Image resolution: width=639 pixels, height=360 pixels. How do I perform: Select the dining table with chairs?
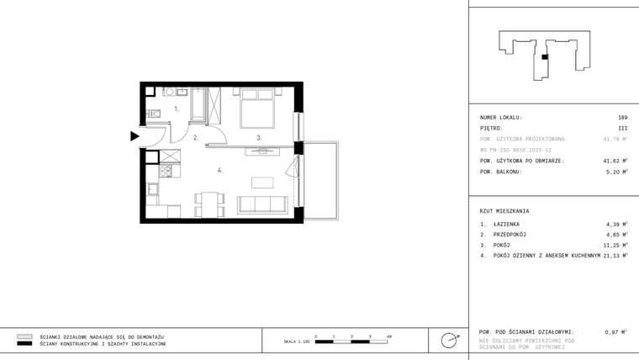coord(210,202)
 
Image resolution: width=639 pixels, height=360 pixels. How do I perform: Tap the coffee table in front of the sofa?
coord(264,182)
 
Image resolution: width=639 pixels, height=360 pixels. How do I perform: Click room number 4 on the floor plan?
coord(219,170)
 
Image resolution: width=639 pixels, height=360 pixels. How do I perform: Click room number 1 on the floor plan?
coord(177,109)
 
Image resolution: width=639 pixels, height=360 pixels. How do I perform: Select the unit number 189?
coord(622,118)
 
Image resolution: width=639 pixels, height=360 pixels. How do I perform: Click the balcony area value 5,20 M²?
coord(615,172)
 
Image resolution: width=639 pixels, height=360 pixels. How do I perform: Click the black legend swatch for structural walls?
coord(25,344)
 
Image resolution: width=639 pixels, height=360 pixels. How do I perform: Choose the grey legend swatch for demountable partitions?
coord(25,336)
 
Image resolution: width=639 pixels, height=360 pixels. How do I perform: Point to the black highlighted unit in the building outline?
coord(545,56)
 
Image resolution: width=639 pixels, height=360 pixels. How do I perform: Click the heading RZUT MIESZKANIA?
coord(504,210)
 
